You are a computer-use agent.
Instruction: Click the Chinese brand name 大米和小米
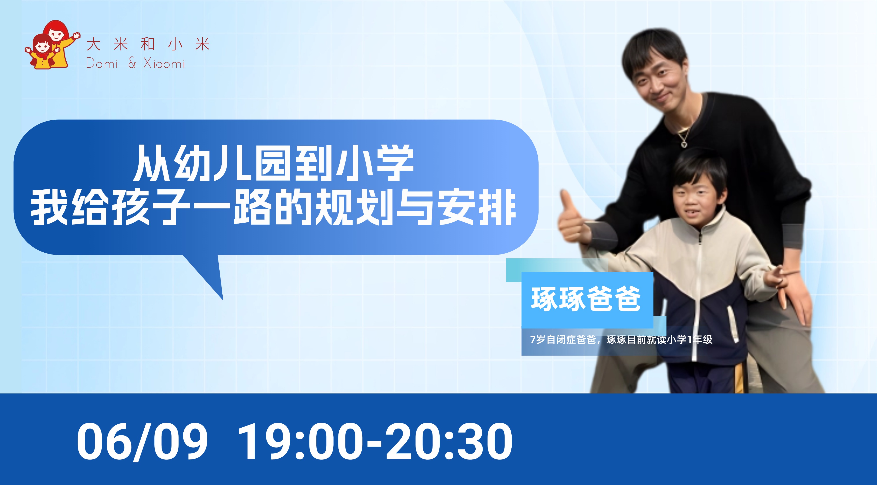(x=148, y=45)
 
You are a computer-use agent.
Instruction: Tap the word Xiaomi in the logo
(x=164, y=63)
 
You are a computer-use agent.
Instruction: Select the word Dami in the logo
(x=102, y=63)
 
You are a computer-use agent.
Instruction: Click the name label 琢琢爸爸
(x=586, y=299)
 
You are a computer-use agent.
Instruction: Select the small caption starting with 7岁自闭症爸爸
(x=621, y=340)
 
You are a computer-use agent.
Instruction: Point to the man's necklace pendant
(x=683, y=143)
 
